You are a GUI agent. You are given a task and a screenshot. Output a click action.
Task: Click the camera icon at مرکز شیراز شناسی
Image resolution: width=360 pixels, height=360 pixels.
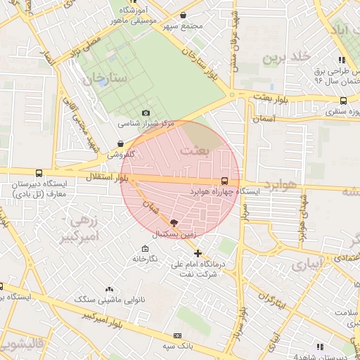(146, 112)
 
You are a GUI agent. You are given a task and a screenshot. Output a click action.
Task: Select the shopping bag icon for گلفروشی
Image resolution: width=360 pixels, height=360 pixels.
(121, 143)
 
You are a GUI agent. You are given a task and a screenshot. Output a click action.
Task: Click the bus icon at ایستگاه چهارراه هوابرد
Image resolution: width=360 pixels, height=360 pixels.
(224, 180)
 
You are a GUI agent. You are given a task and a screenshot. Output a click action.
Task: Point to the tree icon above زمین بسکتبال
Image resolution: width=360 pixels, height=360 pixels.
(174, 221)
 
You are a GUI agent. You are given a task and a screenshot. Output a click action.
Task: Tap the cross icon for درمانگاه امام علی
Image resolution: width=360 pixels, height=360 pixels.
(198, 253)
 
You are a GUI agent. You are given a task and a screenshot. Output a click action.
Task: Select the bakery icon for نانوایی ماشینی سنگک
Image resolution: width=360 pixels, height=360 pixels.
(109, 289)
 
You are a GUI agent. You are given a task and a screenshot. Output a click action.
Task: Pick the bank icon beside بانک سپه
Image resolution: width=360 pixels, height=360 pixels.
(177, 336)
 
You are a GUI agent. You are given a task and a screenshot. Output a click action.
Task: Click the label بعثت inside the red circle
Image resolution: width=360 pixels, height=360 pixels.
(195, 150)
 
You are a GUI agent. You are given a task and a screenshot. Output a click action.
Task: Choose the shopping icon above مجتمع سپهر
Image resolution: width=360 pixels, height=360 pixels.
(183, 15)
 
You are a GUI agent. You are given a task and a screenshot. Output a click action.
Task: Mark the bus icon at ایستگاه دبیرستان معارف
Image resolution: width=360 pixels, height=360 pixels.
(38, 173)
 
